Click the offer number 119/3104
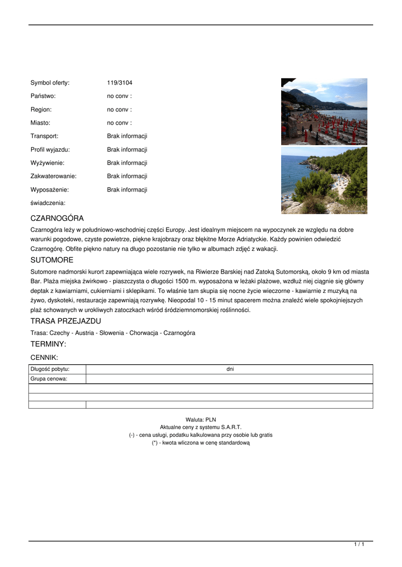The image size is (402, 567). pos(120,83)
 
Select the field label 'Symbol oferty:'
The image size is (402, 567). pos(50,83)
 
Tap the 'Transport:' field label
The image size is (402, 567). pos(44,136)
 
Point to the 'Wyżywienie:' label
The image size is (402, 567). pos(47,163)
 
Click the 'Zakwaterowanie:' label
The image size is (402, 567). pos(53,176)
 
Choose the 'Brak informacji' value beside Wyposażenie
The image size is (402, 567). pos(127,189)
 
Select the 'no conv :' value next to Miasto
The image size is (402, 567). pos(119,123)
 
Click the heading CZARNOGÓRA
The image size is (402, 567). pos(57,218)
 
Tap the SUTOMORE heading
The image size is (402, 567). pos(52,260)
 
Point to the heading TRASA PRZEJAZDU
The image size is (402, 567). pos(65,321)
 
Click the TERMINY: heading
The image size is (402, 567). pos(48,344)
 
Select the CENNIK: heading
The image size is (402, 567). pos(44,358)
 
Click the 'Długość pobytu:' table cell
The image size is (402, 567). pos(50,369)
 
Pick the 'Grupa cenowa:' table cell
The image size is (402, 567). pos(49,379)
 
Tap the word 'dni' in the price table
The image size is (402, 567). pos(230,369)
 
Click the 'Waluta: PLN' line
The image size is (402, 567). pos(201,420)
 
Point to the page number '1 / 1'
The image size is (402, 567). pos(359,545)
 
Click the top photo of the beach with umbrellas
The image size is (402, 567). pos(324,111)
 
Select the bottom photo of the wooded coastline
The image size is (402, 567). pos(324,180)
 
